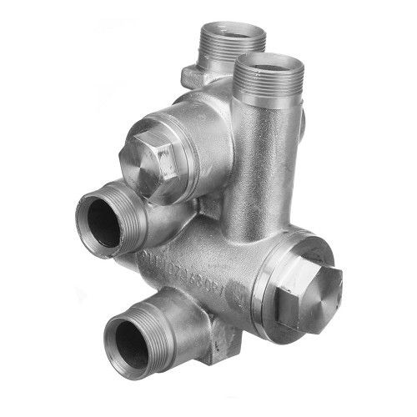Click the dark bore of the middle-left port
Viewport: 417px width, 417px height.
104,222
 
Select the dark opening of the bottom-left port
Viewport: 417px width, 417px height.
132,344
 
